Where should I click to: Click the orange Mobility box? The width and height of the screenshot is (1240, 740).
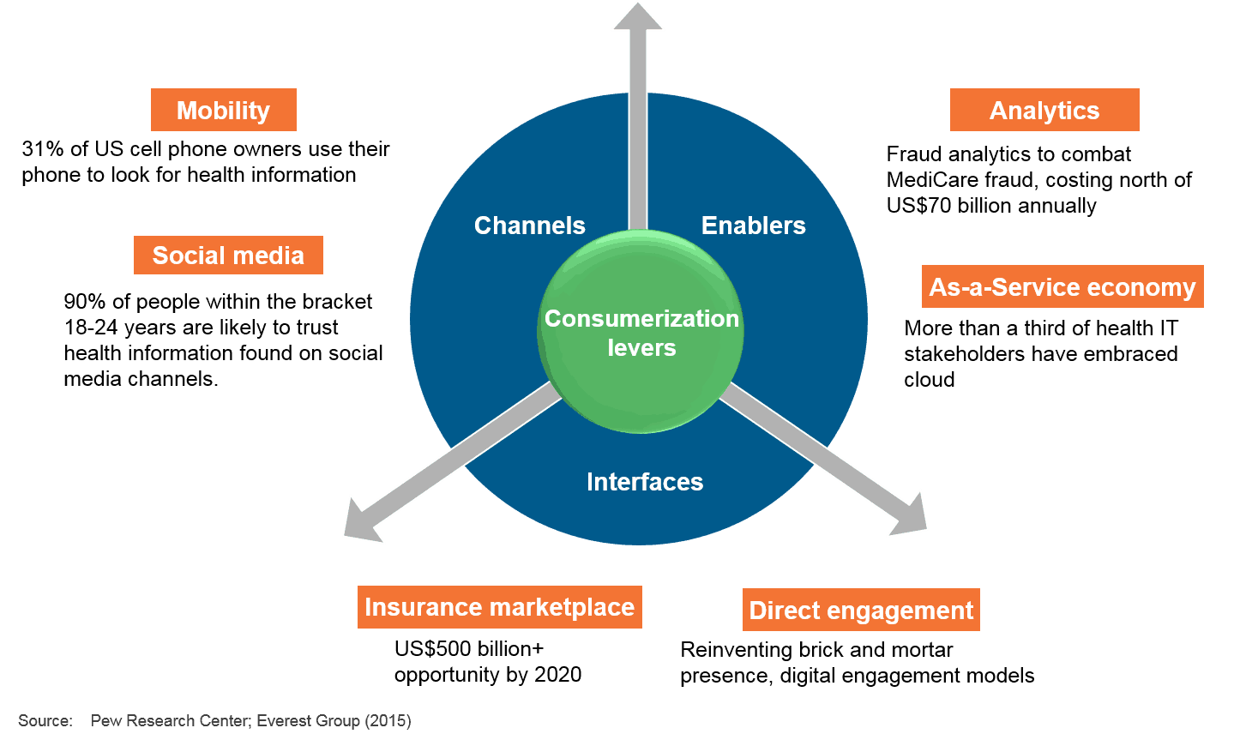pos(224,110)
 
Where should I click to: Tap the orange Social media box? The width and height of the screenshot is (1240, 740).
pos(228,256)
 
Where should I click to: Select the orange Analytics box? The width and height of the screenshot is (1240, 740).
pos(1044,110)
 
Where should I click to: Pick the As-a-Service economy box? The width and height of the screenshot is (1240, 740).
pos(1062,286)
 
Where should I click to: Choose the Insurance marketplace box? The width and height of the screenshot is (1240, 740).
pos(500,607)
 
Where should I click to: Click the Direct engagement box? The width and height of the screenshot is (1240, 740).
pos(861,610)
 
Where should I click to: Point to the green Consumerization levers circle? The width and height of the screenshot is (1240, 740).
pos(641,332)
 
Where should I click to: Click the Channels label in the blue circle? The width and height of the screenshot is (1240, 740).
pos(530,226)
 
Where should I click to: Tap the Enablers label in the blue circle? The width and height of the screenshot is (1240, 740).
pos(754,226)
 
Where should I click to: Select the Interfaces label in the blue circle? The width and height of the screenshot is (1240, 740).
pos(645,482)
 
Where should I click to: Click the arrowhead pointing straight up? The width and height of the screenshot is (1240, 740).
pos(638,15)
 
